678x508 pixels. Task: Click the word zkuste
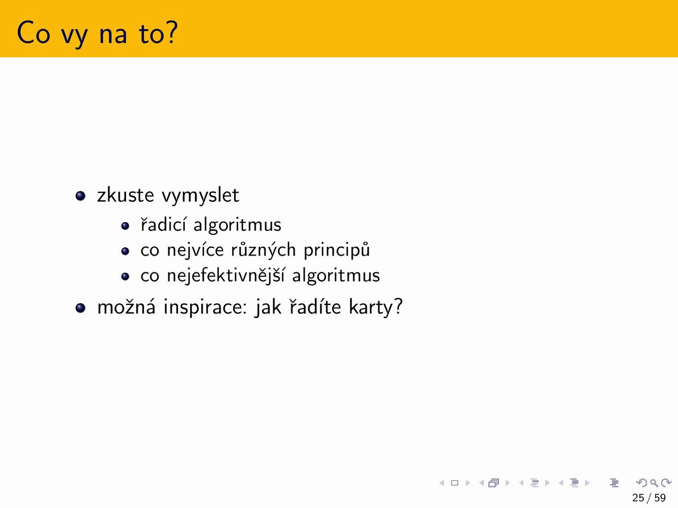pos(126,195)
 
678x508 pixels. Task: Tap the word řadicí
pos(163,224)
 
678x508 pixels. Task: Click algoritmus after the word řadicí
pos(237,225)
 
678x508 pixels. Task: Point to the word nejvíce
pos(195,250)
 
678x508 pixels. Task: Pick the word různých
pos(263,250)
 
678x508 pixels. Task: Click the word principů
pos(337,250)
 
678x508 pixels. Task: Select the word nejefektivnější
pos(226,276)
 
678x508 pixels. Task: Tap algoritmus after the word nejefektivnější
pos(336,276)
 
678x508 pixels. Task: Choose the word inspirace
pos(205,308)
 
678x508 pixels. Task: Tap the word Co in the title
pos(33,33)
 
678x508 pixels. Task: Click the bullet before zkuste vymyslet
pos(81,196)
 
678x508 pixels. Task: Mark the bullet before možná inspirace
pos(81,308)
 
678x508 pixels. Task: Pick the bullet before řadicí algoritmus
pos(125,226)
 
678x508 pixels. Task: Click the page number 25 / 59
pos(649,498)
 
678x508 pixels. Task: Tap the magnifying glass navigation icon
pos(654,483)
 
